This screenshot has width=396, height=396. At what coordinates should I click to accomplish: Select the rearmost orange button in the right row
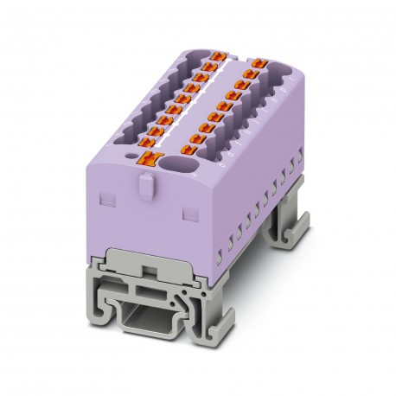[x=256, y=63]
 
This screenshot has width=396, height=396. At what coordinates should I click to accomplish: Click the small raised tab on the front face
[x=142, y=189]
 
